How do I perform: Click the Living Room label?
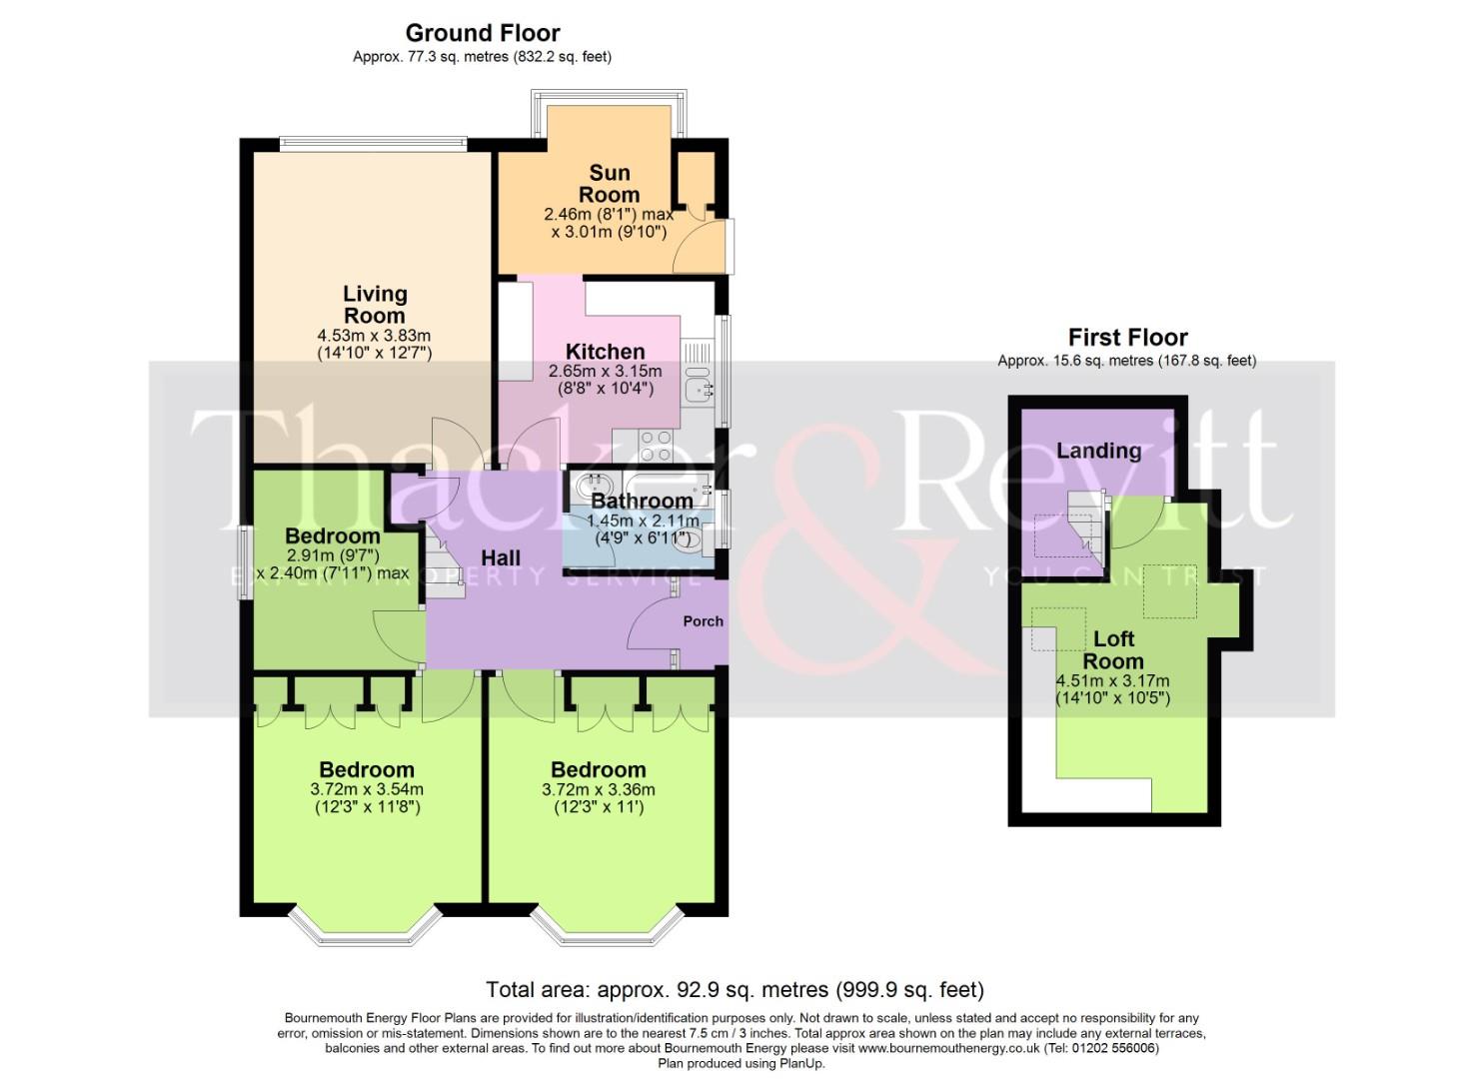pyautogui.click(x=375, y=304)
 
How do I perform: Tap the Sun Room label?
pyautogui.click(x=609, y=184)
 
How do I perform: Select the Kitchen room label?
pyautogui.click(x=605, y=352)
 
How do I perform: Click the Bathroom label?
pyautogui.click(x=642, y=501)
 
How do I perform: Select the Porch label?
pyautogui.click(x=703, y=620)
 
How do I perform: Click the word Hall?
pyautogui.click(x=501, y=557)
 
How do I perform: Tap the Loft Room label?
pyautogui.click(x=1113, y=649)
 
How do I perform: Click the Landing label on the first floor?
pyautogui.click(x=1098, y=451)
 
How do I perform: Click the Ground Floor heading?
pyautogui.click(x=483, y=33)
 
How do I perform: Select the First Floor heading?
pyautogui.click(x=1127, y=338)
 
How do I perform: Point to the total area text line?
pyautogui.click(x=735, y=990)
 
